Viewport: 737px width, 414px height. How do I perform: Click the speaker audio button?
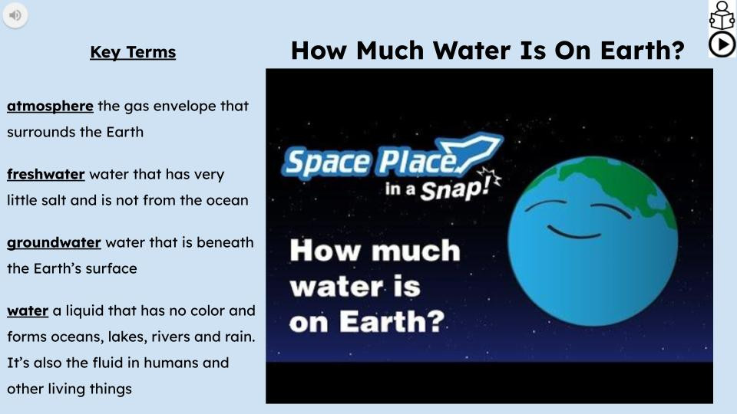15,15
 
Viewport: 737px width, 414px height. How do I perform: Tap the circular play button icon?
722,44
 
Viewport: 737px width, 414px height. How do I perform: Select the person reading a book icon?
722,16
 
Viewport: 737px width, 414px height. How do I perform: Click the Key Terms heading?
133,52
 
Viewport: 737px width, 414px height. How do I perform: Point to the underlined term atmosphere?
50,106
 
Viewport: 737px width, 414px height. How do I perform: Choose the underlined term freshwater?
45,174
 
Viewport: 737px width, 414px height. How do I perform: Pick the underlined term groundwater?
54,243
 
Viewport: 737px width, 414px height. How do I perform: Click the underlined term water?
28,310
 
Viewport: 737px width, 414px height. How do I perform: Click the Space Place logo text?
372,161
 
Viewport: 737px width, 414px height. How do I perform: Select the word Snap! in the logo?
455,189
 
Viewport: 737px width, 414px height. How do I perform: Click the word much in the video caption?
416,251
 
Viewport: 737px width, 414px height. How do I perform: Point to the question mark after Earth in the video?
435,321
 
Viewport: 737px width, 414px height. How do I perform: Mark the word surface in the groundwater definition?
111,269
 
